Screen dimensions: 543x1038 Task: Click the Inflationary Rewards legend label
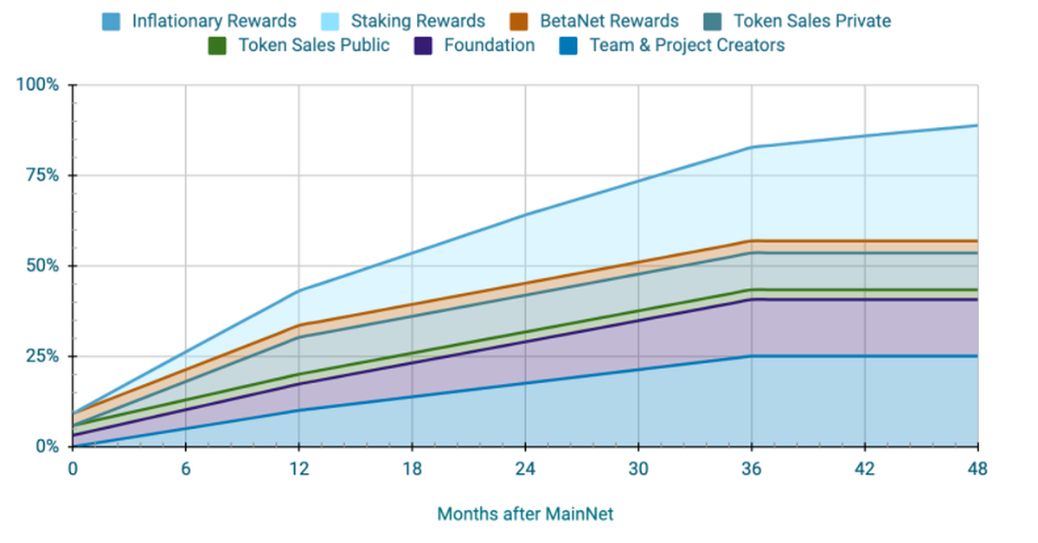[214, 20]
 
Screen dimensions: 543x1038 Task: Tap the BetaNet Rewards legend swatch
[521, 20]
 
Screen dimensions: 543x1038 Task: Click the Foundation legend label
[489, 45]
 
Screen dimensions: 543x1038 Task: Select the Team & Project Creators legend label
[687, 45]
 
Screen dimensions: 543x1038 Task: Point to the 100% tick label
[38, 85]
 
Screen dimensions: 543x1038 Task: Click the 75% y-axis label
[42, 176]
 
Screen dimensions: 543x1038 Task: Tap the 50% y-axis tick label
[42, 265]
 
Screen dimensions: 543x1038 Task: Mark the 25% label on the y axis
[42, 356]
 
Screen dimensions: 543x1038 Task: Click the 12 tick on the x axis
[298, 469]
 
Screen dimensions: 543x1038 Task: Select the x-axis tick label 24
[525, 469]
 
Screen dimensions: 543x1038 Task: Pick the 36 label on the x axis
[752, 469]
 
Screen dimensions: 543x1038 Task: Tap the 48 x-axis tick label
[977, 469]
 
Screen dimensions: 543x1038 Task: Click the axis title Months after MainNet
[525, 514]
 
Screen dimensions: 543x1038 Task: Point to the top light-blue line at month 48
[977, 125]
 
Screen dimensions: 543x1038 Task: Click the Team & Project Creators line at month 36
[752, 356]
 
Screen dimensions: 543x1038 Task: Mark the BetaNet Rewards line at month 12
[298, 325]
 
